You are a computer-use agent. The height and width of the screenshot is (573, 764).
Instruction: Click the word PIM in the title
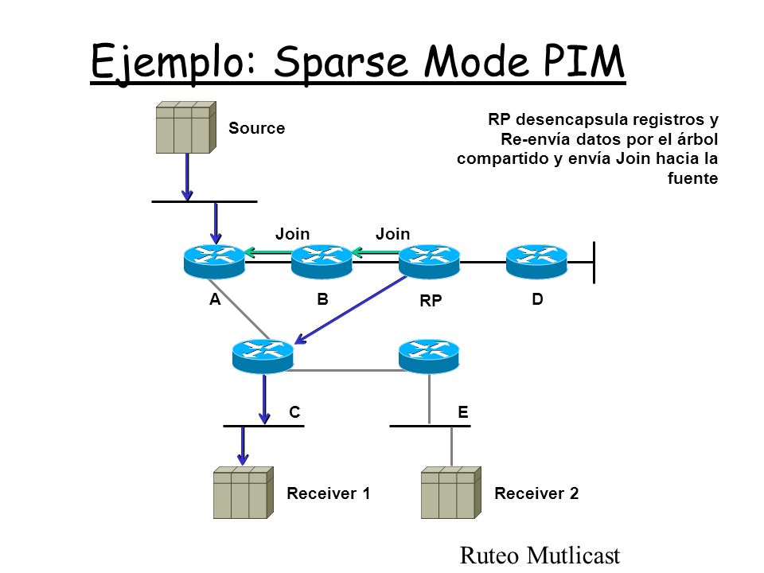pyautogui.click(x=583, y=61)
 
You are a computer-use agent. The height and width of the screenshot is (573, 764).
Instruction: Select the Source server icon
pyautogui.click(x=185, y=127)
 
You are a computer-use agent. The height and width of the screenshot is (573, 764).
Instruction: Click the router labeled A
pyautogui.click(x=214, y=261)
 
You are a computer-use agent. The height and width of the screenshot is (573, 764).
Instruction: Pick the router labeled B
pyautogui.click(x=322, y=261)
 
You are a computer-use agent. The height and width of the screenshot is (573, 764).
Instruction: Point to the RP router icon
pyautogui.click(x=429, y=261)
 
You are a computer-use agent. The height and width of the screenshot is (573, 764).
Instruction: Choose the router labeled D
pyautogui.click(x=536, y=261)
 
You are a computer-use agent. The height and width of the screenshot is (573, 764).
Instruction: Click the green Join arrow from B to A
pyautogui.click(x=268, y=252)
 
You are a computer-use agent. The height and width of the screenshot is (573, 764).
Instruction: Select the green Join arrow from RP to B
pyautogui.click(x=376, y=252)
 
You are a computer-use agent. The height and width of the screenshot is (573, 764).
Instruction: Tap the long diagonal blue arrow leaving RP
pyautogui.click(x=351, y=310)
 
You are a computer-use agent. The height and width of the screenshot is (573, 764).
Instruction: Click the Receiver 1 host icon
pyautogui.click(x=244, y=493)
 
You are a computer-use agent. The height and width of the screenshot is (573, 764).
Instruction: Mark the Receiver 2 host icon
pyautogui.click(x=451, y=493)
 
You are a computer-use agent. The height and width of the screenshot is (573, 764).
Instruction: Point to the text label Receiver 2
pyautogui.click(x=536, y=493)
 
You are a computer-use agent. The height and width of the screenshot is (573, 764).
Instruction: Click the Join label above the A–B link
pyautogui.click(x=292, y=234)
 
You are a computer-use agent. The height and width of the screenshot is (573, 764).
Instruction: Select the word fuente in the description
pyautogui.click(x=692, y=177)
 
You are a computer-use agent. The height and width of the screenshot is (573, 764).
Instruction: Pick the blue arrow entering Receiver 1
pyautogui.click(x=243, y=446)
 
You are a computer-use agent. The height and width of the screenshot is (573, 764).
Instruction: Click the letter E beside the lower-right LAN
pyautogui.click(x=463, y=412)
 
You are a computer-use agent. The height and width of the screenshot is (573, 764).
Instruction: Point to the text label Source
pyautogui.click(x=257, y=128)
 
